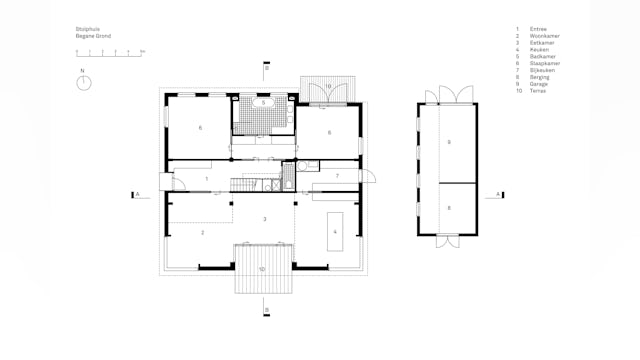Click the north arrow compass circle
pyautogui.click(x=85, y=83)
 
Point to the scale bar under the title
pyautogui.click(x=110, y=51)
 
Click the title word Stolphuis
pyautogui.click(x=87, y=30)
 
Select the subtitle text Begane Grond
pyautogui.click(x=93, y=36)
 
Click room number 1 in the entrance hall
pyautogui.click(x=206, y=178)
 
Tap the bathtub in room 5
pyautogui.click(x=262, y=102)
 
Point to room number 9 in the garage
pyautogui.click(x=449, y=143)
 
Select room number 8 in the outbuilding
pyautogui.click(x=449, y=207)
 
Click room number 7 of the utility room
pyautogui.click(x=337, y=175)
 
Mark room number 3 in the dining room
pyautogui.click(x=264, y=218)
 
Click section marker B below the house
pyautogui.click(x=267, y=308)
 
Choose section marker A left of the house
pyautogui.click(x=136, y=194)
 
